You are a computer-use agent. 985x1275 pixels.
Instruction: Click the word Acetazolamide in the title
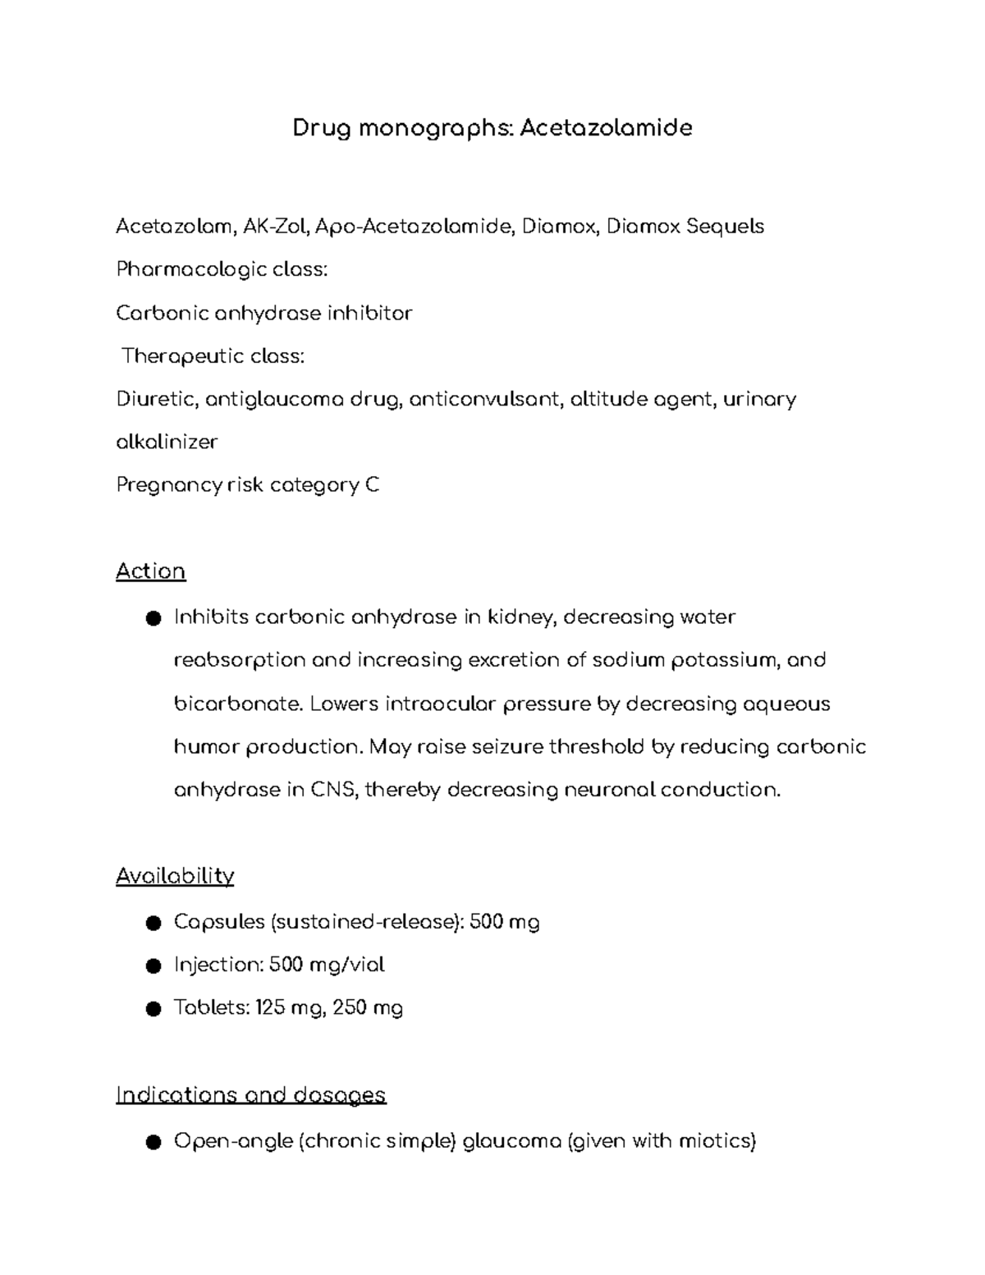pos(606,128)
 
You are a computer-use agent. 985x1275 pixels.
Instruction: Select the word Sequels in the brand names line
pos(725,227)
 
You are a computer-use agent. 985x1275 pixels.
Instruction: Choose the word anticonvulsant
pos(484,400)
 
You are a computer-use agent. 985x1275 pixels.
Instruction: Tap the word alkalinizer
pos(167,443)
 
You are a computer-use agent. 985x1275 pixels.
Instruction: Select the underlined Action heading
pos(151,571)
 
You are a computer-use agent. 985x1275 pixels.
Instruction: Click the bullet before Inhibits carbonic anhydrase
pos(152,618)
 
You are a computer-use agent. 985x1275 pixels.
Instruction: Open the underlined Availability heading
pos(175,876)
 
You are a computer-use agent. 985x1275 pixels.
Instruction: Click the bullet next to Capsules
pos(152,924)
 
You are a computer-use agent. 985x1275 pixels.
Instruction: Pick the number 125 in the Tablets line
pos(269,1008)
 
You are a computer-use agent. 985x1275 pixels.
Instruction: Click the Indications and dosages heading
pos(250,1095)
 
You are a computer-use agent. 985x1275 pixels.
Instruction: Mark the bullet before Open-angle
pos(152,1142)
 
